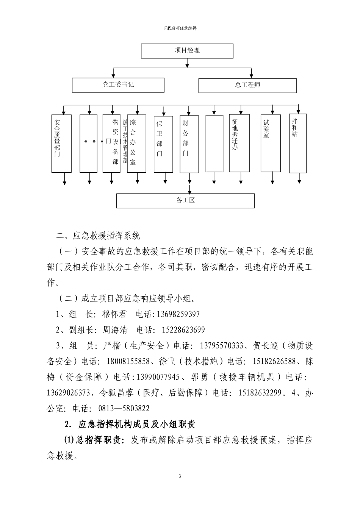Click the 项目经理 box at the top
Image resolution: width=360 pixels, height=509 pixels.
coord(187,51)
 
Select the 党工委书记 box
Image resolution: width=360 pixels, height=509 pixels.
coord(118,85)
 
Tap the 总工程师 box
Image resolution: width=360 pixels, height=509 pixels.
coord(247,85)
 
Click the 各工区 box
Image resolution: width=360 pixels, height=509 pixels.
coord(185,200)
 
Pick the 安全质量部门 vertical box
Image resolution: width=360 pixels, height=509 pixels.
coord(61,143)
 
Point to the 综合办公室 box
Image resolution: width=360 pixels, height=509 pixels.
coord(136,143)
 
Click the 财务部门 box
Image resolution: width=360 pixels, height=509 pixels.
coord(189,143)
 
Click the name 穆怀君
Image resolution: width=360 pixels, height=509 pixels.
coord(114,314)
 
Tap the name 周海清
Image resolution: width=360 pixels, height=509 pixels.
coord(115,330)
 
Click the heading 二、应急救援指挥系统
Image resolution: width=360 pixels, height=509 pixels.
coord(98,236)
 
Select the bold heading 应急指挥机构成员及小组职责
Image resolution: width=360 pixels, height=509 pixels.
coord(136,424)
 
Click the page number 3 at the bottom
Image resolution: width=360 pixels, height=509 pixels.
coord(180,476)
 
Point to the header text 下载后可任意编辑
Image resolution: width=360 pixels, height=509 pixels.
coord(180,28)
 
